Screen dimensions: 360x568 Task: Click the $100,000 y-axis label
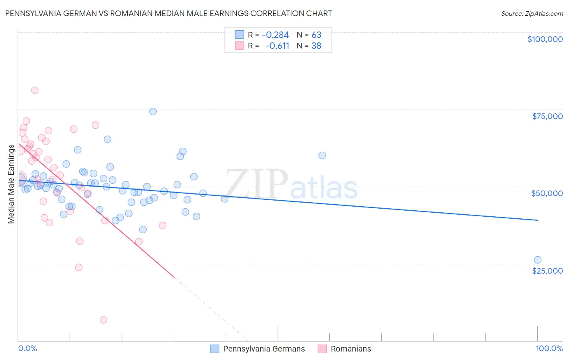click(545, 39)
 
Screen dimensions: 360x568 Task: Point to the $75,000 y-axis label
click(547, 116)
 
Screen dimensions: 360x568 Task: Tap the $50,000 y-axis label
click(547, 193)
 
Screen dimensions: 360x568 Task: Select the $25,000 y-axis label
click(547, 270)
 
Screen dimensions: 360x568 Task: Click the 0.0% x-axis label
click(27, 348)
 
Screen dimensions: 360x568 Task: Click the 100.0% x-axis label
click(549, 348)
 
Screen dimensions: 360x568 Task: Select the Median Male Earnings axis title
click(11, 184)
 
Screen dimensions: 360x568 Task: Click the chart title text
click(168, 13)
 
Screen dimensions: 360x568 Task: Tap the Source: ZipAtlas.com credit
click(532, 14)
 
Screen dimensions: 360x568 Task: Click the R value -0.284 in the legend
click(275, 35)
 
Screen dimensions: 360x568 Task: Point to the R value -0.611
click(277, 46)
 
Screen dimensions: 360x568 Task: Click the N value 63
click(316, 35)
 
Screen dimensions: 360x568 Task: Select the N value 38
click(316, 46)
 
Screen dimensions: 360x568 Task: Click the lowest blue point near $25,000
click(538, 260)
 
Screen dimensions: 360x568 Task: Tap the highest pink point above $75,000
click(35, 90)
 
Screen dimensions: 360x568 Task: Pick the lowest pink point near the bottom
click(103, 320)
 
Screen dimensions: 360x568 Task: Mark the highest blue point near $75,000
click(153, 111)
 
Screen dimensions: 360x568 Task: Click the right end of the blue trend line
click(537, 220)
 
